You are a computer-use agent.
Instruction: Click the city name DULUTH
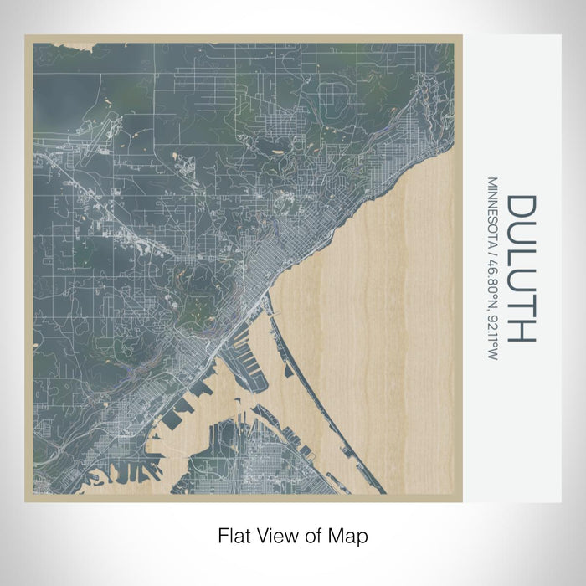(x=520, y=269)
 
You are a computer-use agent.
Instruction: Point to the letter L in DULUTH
(x=520, y=257)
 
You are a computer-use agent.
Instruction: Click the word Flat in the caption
(x=232, y=533)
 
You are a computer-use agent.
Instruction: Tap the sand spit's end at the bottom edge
(x=380, y=489)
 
